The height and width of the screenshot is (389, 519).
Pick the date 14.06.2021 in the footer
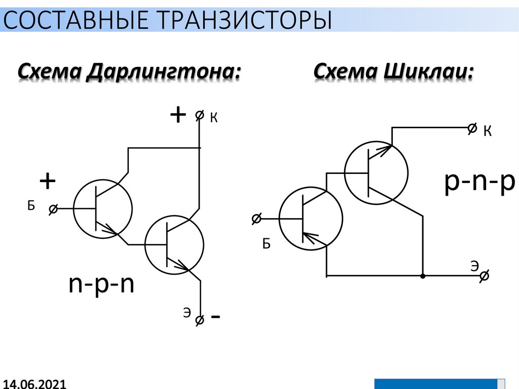pyautogui.click(x=34, y=383)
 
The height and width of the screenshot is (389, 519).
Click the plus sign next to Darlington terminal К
pyautogui.click(x=178, y=116)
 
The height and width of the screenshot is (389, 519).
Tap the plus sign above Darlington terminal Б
pyautogui.click(x=47, y=181)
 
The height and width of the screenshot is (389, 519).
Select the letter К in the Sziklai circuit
pyautogui.click(x=487, y=132)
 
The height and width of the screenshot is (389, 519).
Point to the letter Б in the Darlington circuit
pyautogui.click(x=31, y=205)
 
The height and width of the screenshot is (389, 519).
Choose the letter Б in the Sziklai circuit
pyautogui.click(x=266, y=244)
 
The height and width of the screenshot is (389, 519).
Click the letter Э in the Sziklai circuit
pyautogui.click(x=474, y=265)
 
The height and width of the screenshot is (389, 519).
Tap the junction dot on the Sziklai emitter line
pyautogui.click(x=423, y=276)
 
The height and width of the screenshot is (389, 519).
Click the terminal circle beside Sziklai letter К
pyautogui.click(x=472, y=128)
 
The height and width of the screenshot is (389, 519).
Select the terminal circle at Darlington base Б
pyautogui.click(x=53, y=208)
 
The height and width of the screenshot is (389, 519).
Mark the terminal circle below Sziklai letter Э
pyautogui.click(x=484, y=276)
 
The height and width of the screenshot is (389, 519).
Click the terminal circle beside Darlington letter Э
pyautogui.click(x=200, y=320)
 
